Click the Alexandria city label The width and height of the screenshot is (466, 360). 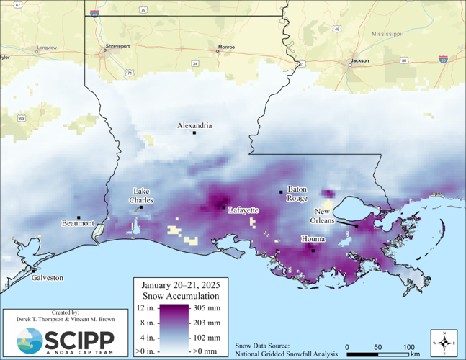coord(194,125)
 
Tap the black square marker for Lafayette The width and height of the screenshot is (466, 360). coord(223,207)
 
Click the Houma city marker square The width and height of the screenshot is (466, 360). coord(313,251)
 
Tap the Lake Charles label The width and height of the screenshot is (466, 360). coord(141,195)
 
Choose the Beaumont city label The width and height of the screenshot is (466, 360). coord(78,223)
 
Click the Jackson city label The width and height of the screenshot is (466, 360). coord(359,60)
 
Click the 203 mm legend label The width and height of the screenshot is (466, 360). coord(206,322)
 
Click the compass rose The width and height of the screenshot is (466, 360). coord(444,342)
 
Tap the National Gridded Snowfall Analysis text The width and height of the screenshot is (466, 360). coord(284,352)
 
